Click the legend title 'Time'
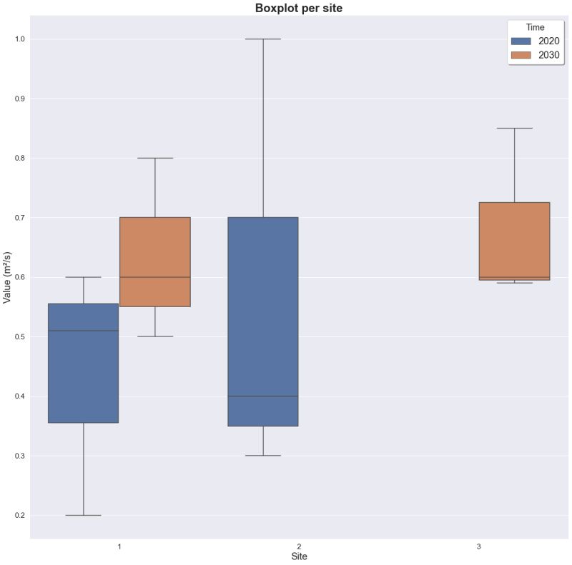pyautogui.click(x=535, y=27)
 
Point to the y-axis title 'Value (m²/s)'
pyautogui.click(x=8, y=277)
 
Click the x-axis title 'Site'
pyautogui.click(x=300, y=556)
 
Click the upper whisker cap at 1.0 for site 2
pyautogui.click(x=263, y=39)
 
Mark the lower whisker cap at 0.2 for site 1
pyautogui.click(x=84, y=515)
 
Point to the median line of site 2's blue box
pyautogui.click(x=263, y=396)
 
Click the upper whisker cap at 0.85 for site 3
pyautogui.click(x=514, y=128)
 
